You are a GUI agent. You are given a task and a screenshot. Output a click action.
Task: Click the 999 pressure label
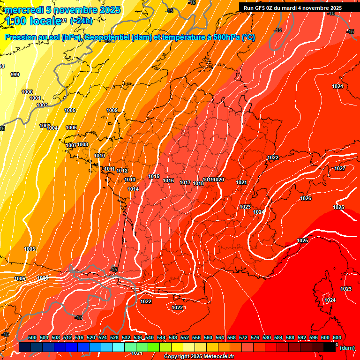coord(15,75)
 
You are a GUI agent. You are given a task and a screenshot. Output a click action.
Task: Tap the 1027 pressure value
coord(340,168)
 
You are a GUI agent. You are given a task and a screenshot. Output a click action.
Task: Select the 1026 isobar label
coord(306,198)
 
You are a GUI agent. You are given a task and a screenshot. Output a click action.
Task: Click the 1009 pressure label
coord(112,111)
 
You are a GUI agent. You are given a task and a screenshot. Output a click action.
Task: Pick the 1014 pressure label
coord(133,189)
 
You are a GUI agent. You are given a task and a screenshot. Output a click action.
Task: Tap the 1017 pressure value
coord(185,183)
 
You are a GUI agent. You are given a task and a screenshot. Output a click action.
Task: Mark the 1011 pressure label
coord(110,169)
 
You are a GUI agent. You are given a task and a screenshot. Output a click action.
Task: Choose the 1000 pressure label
coord(27,92)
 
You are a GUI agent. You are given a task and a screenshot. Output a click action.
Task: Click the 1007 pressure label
coord(71,146)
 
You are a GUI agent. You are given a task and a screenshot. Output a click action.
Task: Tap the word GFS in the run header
coord(262,8)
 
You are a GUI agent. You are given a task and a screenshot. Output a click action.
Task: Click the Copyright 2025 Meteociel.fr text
coord(199,356)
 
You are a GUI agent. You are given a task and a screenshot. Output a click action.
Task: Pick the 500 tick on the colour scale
coord(32,337)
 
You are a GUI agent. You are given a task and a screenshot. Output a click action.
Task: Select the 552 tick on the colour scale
coord(185,337)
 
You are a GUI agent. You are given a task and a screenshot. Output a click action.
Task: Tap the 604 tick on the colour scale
coord(337,337)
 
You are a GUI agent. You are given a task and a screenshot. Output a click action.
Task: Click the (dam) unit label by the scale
coord(347,348)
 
